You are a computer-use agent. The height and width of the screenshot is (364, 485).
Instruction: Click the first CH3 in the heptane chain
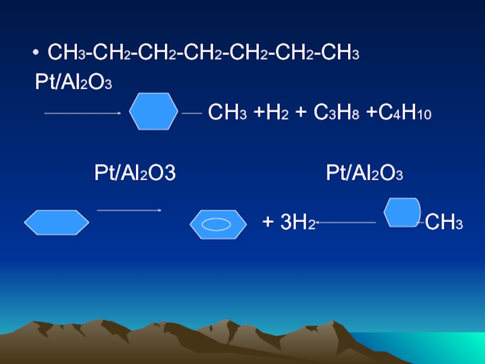[x=65, y=55]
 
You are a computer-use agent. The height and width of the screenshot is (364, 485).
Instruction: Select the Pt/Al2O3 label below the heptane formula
[x=73, y=83]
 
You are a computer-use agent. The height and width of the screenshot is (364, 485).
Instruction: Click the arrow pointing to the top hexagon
[x=83, y=113]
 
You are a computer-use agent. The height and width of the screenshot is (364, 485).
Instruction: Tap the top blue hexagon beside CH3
[x=154, y=112]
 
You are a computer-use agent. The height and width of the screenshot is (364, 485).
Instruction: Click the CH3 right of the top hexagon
[x=227, y=113]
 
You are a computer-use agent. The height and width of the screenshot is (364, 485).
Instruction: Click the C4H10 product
[x=400, y=113]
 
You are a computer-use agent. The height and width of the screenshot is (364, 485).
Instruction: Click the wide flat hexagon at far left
[x=56, y=223]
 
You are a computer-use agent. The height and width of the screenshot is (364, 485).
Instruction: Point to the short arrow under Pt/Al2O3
[x=129, y=211]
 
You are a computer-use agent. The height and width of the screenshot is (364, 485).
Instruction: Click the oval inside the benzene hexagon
[x=218, y=224]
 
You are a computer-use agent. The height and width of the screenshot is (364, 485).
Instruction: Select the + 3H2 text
[x=288, y=223]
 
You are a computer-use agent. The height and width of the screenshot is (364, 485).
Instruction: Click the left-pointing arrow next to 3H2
[x=346, y=223]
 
